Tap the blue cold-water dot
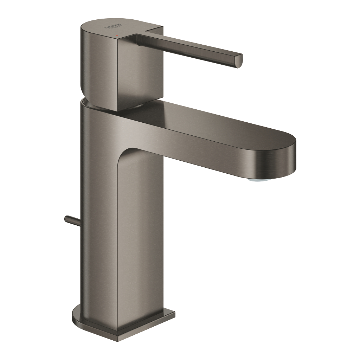coord(152,26)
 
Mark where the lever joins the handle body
coord(137,40)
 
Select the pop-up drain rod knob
coord(67,219)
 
